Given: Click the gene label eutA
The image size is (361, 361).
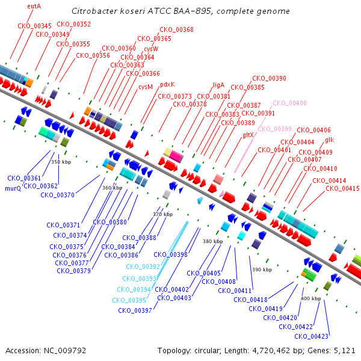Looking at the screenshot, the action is click(x=34, y=6).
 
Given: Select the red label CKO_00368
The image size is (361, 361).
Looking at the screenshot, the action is click(x=176, y=29).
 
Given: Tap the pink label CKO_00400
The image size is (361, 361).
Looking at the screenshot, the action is click(x=289, y=103).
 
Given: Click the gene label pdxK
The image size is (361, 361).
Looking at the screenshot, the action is click(x=168, y=84).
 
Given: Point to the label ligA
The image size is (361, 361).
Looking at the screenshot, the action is click(x=218, y=85).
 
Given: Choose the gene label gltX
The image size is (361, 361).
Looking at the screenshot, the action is click(x=248, y=135).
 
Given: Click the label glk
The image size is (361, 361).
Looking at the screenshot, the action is click(x=330, y=140).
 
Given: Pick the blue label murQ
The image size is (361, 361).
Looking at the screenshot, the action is click(x=13, y=188).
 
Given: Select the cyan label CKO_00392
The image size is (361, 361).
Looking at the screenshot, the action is click(x=143, y=267).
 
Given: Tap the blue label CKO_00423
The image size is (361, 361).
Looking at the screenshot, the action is click(x=311, y=336).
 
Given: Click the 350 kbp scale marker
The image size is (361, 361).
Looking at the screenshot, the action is click(x=61, y=162).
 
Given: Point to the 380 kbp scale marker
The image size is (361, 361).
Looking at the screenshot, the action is click(x=213, y=241).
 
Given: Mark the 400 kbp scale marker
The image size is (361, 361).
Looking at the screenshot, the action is click(x=311, y=298).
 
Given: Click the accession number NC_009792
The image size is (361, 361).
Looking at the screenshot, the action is click(x=65, y=351).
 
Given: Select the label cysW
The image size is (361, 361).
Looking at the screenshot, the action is click(x=151, y=49).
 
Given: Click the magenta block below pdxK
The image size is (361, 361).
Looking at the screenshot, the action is click(x=176, y=156).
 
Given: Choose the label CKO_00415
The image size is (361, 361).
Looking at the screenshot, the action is click(x=342, y=188).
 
